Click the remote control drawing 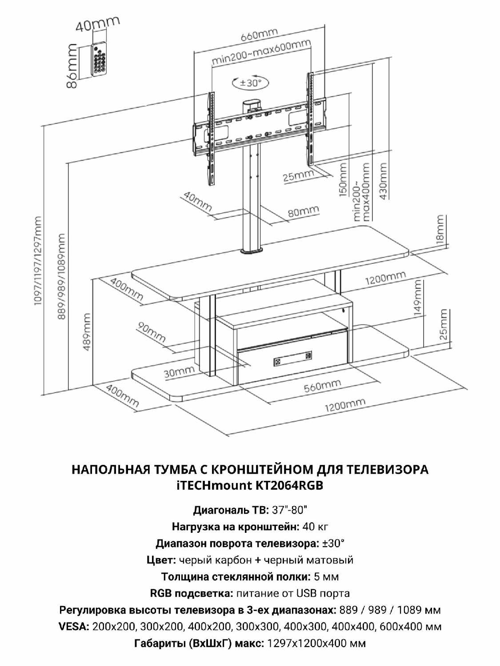(99, 59)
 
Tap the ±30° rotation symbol (251, 82)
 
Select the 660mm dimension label (259, 35)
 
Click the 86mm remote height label (72, 66)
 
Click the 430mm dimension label (383, 181)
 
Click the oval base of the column (252, 250)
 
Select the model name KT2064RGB (287, 485)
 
